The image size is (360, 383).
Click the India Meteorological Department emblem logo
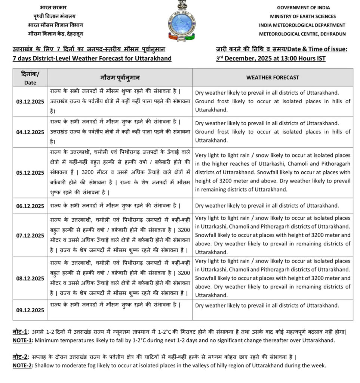(x=182, y=21)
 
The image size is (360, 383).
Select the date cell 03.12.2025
(x=30, y=101)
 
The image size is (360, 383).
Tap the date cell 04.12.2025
(x=30, y=132)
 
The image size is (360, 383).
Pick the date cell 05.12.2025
(x=30, y=172)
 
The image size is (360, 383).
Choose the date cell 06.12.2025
(x=30, y=206)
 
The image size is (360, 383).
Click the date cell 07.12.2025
(x=30, y=235)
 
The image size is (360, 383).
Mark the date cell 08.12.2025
(x=30, y=278)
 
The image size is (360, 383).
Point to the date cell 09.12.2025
(x=30, y=310)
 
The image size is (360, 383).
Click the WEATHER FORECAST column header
(x=273, y=77)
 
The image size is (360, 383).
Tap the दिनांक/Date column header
(x=30, y=77)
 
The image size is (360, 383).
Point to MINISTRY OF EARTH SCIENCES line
(x=303, y=16)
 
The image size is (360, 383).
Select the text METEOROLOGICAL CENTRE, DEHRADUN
(x=302, y=34)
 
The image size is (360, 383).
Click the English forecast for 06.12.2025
(x=267, y=206)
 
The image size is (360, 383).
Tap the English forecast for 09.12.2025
(x=267, y=306)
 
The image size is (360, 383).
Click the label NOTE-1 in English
(x=23, y=340)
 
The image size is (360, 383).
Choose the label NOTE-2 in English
(x=23, y=365)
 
